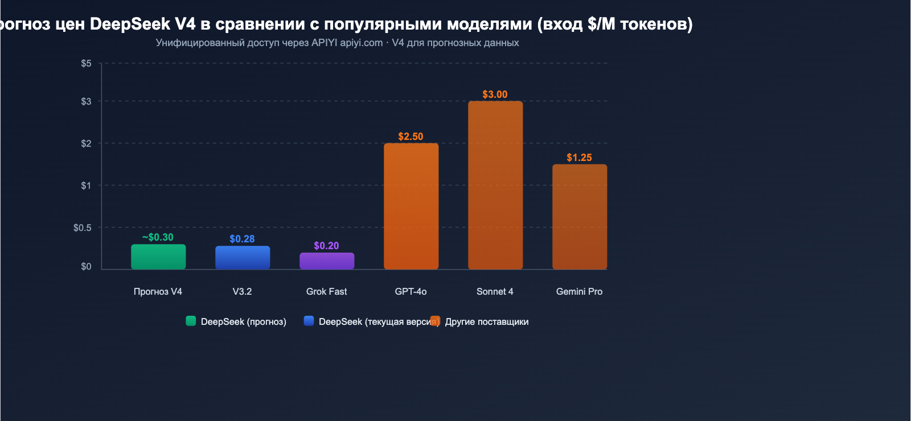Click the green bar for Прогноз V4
[x=158, y=257]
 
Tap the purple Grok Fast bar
[x=327, y=261]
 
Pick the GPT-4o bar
[x=411, y=206]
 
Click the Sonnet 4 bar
[x=495, y=185]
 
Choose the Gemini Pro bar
[x=580, y=216]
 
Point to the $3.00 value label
[x=495, y=94]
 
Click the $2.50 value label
[x=411, y=137]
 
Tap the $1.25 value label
[x=579, y=158]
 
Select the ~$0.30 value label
[x=158, y=237]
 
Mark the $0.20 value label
[x=326, y=246]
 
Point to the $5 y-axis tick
[x=86, y=63]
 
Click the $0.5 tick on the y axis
[x=82, y=228]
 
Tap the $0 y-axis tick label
[x=86, y=266]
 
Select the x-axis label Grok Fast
[x=326, y=291]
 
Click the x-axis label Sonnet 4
[x=495, y=291]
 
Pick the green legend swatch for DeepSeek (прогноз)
[x=191, y=321]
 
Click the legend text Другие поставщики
[x=487, y=321]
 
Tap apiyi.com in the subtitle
[x=361, y=43]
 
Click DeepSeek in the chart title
[x=130, y=24]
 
